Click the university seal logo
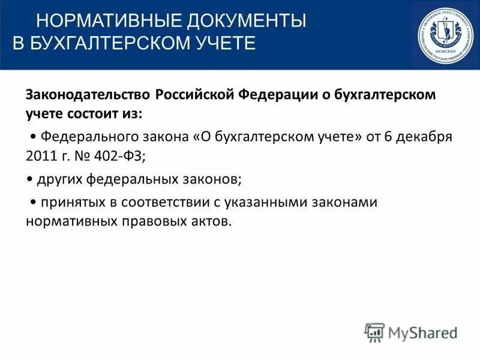click(445, 35)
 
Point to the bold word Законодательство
click(87, 95)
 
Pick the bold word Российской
click(195, 95)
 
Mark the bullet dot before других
click(30, 179)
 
